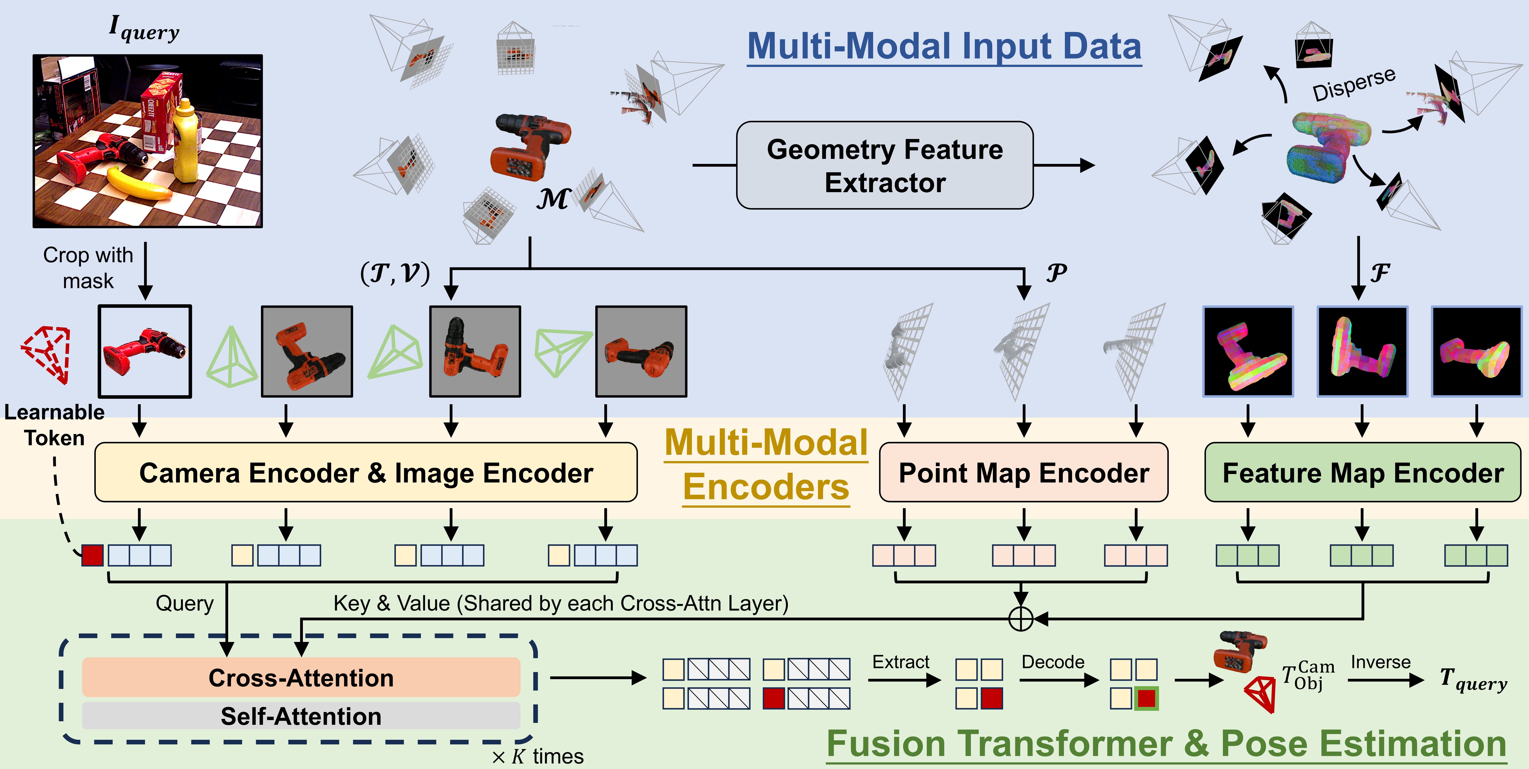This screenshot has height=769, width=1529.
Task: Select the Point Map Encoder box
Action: pyautogui.click(x=1023, y=473)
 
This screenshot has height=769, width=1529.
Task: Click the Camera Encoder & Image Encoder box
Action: pyautogui.click(x=366, y=473)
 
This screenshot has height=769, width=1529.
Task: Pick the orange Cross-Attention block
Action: pyautogui.click(x=301, y=678)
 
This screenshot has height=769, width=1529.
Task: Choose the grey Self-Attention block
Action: pyautogui.click(x=301, y=716)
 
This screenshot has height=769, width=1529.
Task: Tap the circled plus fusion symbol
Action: pyautogui.click(x=1021, y=619)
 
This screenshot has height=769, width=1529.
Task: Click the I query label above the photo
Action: pyautogui.click(x=144, y=28)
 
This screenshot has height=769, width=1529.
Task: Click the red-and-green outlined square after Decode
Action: pyautogui.click(x=1146, y=698)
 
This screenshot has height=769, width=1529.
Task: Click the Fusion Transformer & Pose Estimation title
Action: pyautogui.click(x=1166, y=743)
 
